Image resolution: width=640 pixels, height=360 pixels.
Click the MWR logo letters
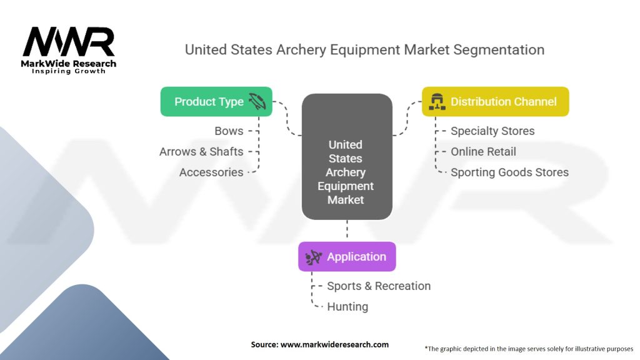[69, 42]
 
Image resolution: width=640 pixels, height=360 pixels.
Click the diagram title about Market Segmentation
[364, 50]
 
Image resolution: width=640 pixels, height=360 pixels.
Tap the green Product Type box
[216, 101]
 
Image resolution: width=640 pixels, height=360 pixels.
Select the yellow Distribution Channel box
[495, 101]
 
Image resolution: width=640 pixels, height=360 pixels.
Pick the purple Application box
[347, 256]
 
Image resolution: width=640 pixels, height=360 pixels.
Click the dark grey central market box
[346, 156]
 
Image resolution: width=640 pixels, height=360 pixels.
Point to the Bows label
[229, 131]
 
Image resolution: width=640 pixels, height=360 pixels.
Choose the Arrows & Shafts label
[201, 151]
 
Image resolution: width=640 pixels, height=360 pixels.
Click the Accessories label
[211, 172]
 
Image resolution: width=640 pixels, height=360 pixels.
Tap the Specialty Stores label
[492, 131]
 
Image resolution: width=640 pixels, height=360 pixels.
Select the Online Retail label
[483, 151]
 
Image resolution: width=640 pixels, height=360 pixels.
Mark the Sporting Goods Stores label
[509, 172]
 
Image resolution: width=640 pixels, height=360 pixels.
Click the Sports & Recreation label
[379, 286]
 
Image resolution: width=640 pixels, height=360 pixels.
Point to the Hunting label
[347, 306]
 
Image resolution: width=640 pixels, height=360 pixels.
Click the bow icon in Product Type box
[257, 102]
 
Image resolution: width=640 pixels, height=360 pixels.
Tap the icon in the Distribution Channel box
[437, 102]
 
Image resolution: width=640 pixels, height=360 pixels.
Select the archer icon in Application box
[314, 257]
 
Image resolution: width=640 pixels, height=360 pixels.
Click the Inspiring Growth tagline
[69, 71]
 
